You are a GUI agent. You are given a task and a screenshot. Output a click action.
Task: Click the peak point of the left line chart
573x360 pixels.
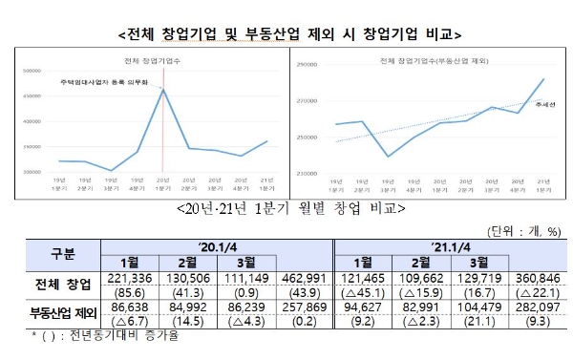click(162, 90)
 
